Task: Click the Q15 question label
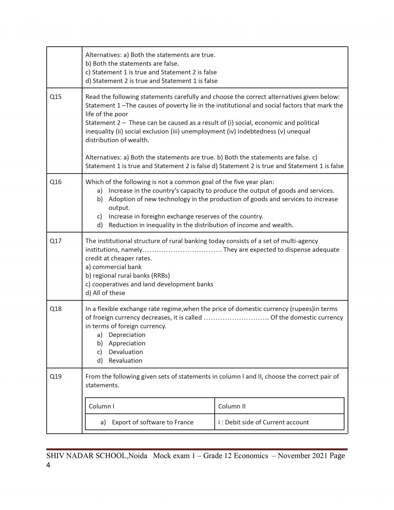(x=55, y=97)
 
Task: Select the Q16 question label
(x=55, y=182)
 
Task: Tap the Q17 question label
(x=55, y=241)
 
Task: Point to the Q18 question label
(x=55, y=309)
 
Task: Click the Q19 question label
(x=55, y=377)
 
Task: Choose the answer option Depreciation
(x=127, y=335)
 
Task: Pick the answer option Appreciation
(x=127, y=343)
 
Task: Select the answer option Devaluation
(x=126, y=352)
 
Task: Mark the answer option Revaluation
(x=125, y=361)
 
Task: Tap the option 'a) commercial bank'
(x=114, y=267)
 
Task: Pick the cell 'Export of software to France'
(x=152, y=422)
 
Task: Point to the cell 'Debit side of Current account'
(x=267, y=422)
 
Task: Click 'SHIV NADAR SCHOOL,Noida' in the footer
(x=97, y=456)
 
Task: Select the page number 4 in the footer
(x=49, y=465)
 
